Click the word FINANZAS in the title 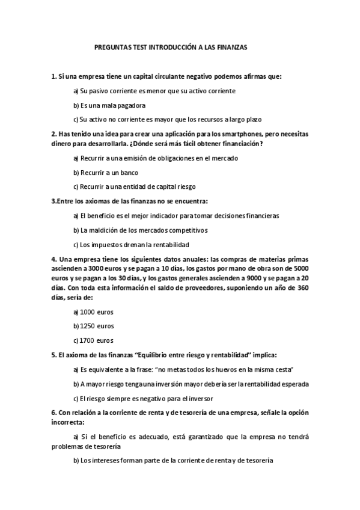click(x=230, y=46)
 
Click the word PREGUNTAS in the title click(x=112, y=46)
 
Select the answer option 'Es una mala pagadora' click(x=105, y=105)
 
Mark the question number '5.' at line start click(x=54, y=355)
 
